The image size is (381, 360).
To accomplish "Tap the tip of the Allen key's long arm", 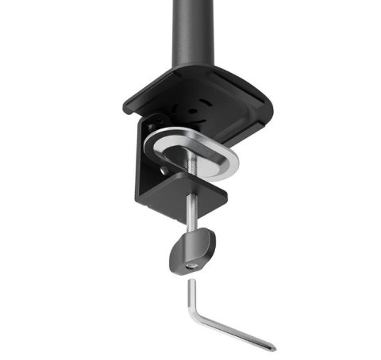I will [x=272, y=347].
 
